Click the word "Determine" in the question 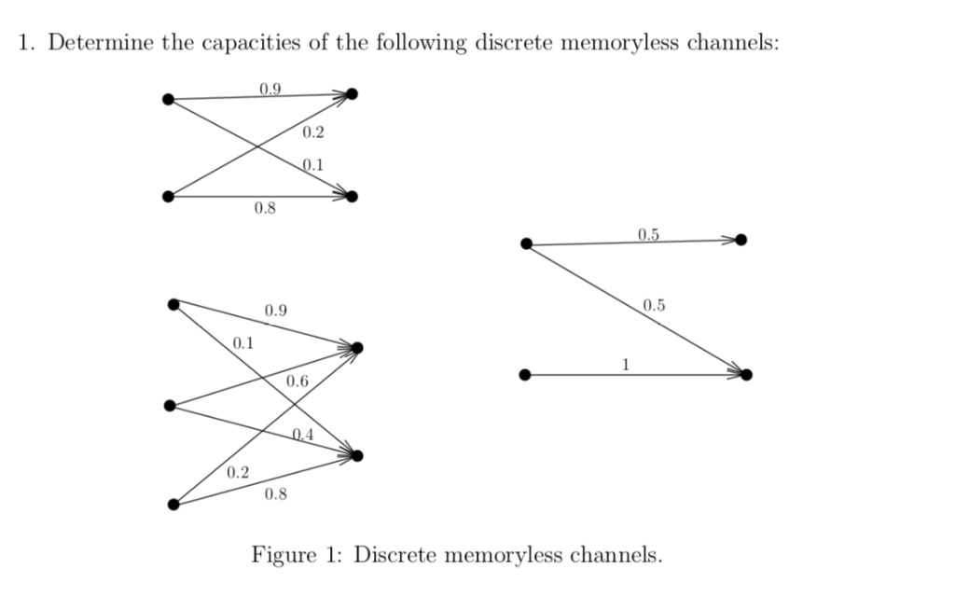click(x=92, y=44)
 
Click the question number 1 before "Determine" click(x=25, y=44)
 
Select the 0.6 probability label click(x=298, y=381)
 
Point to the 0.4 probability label click(x=303, y=434)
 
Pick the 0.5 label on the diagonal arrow click(x=655, y=304)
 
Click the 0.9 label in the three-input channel click(x=276, y=310)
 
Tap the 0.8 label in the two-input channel click(x=265, y=208)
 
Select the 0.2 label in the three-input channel click(x=238, y=473)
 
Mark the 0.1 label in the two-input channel click(x=314, y=165)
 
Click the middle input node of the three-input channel click(x=169, y=405)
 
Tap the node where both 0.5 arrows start click(x=526, y=244)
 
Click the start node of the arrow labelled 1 click(x=526, y=375)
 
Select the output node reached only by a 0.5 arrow click(x=740, y=240)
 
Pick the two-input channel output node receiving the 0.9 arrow click(x=352, y=94)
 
